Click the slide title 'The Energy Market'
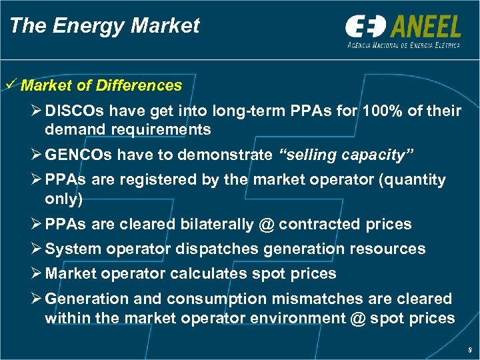[x=105, y=26]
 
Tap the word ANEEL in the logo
[x=425, y=26]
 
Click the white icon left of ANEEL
[x=365, y=27]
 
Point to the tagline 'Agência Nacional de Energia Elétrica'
[x=403, y=45]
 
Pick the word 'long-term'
[x=258, y=111]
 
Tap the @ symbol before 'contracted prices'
[x=266, y=224]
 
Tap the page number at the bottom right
[x=470, y=348]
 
